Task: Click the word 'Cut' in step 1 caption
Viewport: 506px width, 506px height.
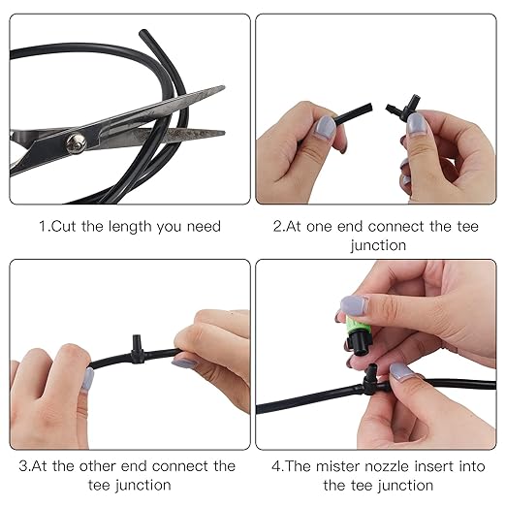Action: [64, 226]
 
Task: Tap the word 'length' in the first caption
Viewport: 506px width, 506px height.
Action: [130, 227]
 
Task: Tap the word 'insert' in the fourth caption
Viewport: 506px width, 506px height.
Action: [434, 466]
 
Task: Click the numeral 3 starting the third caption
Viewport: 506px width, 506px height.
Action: [23, 466]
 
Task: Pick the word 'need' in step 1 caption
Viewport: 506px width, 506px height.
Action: [204, 227]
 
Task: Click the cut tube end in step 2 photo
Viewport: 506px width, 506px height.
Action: [370, 108]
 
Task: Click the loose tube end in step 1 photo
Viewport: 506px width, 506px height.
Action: [142, 33]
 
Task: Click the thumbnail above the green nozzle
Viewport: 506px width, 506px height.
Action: [353, 305]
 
